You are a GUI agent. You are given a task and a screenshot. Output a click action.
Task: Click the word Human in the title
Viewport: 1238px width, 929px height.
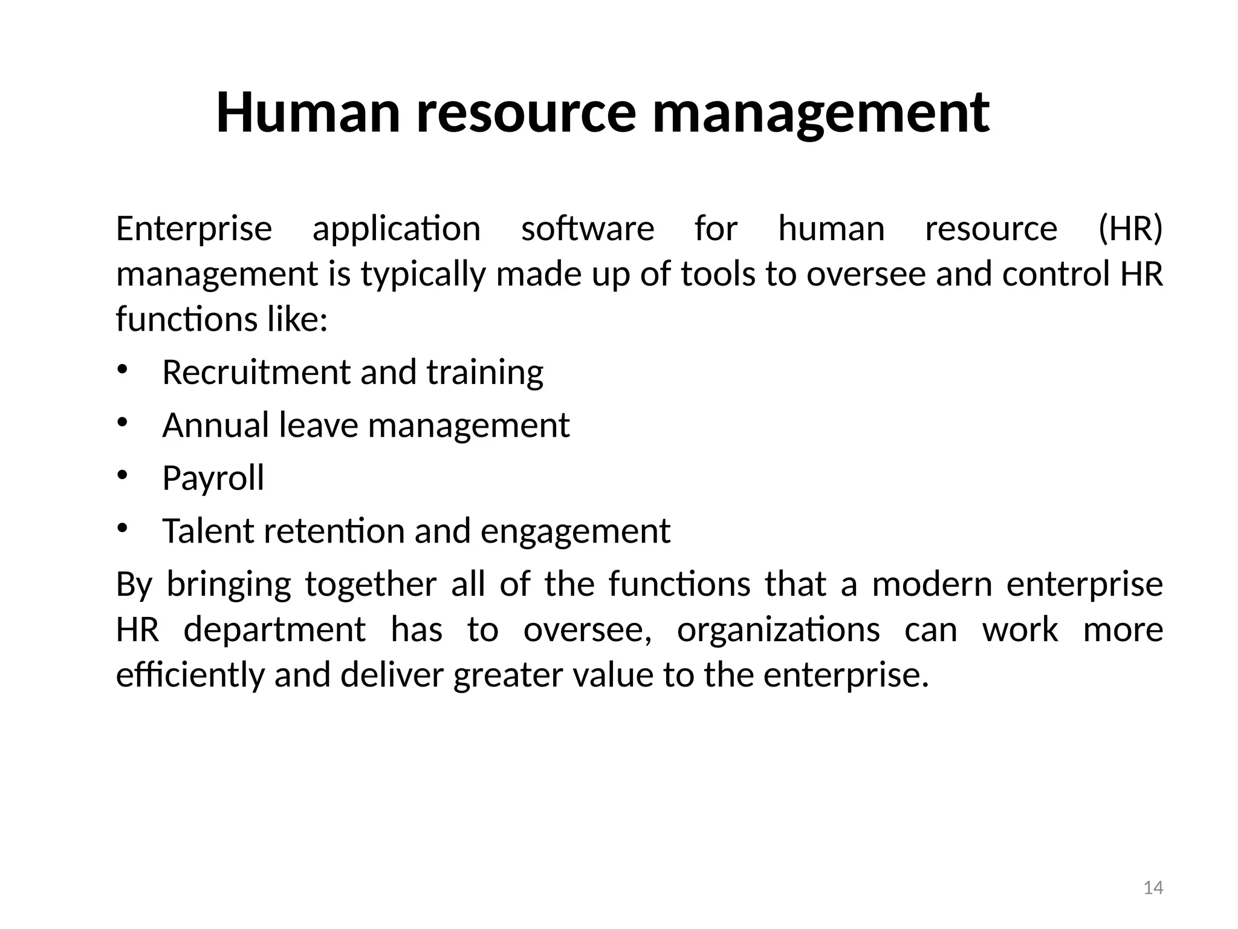tap(308, 112)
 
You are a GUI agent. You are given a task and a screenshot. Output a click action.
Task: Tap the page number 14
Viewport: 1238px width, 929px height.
tap(1153, 888)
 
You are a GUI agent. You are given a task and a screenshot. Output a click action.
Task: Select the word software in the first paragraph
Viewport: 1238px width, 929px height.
tap(588, 229)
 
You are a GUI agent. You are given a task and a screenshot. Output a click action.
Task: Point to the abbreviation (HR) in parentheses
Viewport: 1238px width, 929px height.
tap(1130, 229)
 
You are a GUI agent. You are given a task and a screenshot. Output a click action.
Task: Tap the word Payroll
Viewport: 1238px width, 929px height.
tap(213, 478)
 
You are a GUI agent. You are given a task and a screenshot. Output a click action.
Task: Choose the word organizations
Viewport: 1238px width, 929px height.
tap(778, 630)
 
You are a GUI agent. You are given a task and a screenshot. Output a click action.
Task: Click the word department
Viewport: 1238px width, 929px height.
tap(274, 630)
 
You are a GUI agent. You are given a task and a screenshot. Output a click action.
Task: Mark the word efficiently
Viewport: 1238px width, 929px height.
tap(190, 676)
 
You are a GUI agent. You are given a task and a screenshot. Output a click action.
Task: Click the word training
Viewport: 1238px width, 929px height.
tap(485, 373)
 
